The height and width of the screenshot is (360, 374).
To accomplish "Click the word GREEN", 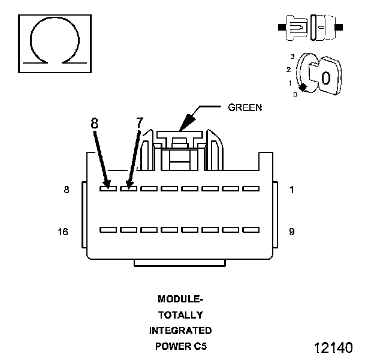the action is (245, 108).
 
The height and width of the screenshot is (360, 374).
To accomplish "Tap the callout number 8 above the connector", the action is (95, 122).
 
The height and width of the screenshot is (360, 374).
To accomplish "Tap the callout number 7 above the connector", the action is (140, 122).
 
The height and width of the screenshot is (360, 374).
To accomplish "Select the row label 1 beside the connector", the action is (291, 190).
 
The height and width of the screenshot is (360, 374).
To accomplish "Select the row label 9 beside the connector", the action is (291, 231).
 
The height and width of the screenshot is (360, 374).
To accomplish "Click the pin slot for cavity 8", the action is (108, 188).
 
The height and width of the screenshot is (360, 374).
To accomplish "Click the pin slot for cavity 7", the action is (128, 188).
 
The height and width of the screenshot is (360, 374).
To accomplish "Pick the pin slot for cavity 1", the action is (251, 188).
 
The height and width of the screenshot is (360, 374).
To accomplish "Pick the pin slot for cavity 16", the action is (108, 229).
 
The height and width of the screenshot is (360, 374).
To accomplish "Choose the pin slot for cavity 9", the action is (251, 229).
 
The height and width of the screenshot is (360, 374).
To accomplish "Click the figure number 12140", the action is (333, 347).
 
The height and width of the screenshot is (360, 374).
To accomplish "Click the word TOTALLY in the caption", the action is (180, 314).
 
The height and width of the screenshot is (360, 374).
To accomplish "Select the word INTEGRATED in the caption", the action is (180, 331).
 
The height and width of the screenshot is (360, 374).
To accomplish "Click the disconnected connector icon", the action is (310, 28).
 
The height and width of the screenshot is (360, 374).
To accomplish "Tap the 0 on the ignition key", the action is (325, 77).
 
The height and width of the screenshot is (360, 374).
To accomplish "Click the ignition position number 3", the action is (292, 56).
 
